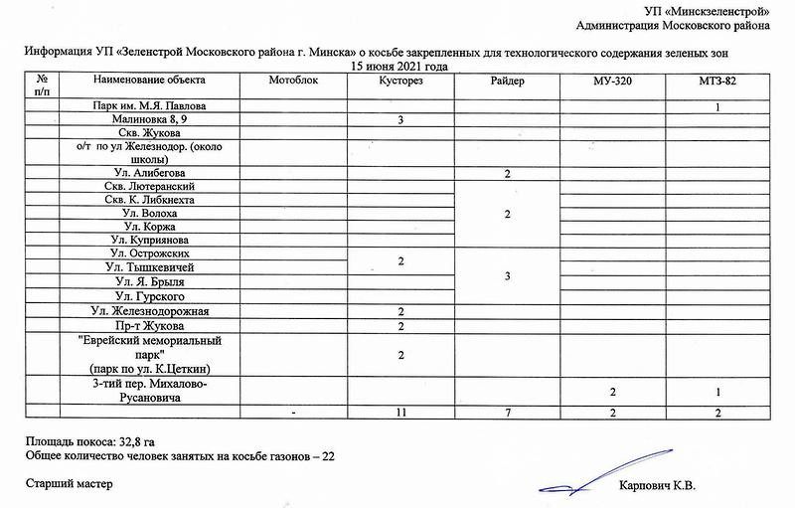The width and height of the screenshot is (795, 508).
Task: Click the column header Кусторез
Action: pos(401,80)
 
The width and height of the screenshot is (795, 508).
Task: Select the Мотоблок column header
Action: pos(293,80)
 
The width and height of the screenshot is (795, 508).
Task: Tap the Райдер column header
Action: pos(507,80)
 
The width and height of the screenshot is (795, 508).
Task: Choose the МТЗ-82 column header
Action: pos(716,80)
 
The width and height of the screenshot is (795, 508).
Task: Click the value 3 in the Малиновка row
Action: pos(400,120)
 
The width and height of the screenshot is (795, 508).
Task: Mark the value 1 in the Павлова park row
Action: pos(716,106)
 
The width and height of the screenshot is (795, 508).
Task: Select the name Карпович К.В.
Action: pos(658,485)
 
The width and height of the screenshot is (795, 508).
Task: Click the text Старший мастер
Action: pos(70,484)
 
